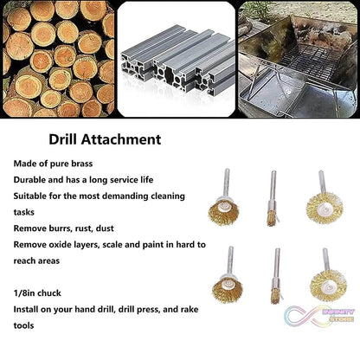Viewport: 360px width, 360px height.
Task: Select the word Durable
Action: pyautogui.click(x=33, y=179)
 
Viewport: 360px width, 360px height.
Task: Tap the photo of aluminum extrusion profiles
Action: pyautogui.click(x=177, y=59)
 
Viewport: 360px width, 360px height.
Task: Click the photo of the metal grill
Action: pyautogui.click(x=298, y=59)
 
